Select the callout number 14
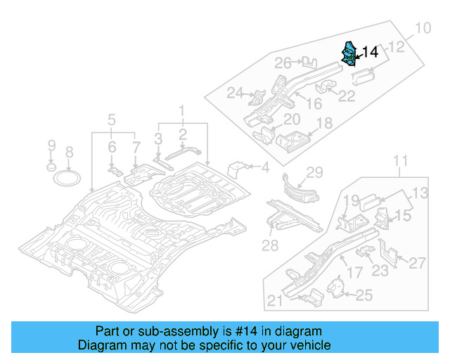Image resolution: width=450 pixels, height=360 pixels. (x=370, y=52)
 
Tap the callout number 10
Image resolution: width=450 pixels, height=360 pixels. (x=422, y=29)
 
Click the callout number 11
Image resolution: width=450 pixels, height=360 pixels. (x=399, y=163)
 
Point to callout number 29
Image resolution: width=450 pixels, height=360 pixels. (x=314, y=172)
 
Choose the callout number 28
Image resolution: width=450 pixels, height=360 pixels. (x=270, y=245)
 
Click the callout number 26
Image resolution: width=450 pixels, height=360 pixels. (x=283, y=63)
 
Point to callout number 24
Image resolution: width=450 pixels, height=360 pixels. (x=235, y=93)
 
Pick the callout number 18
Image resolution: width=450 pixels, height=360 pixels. (x=324, y=124)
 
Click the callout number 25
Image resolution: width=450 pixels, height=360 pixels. (x=364, y=295)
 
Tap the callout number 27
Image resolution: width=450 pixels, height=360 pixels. (x=418, y=263)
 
